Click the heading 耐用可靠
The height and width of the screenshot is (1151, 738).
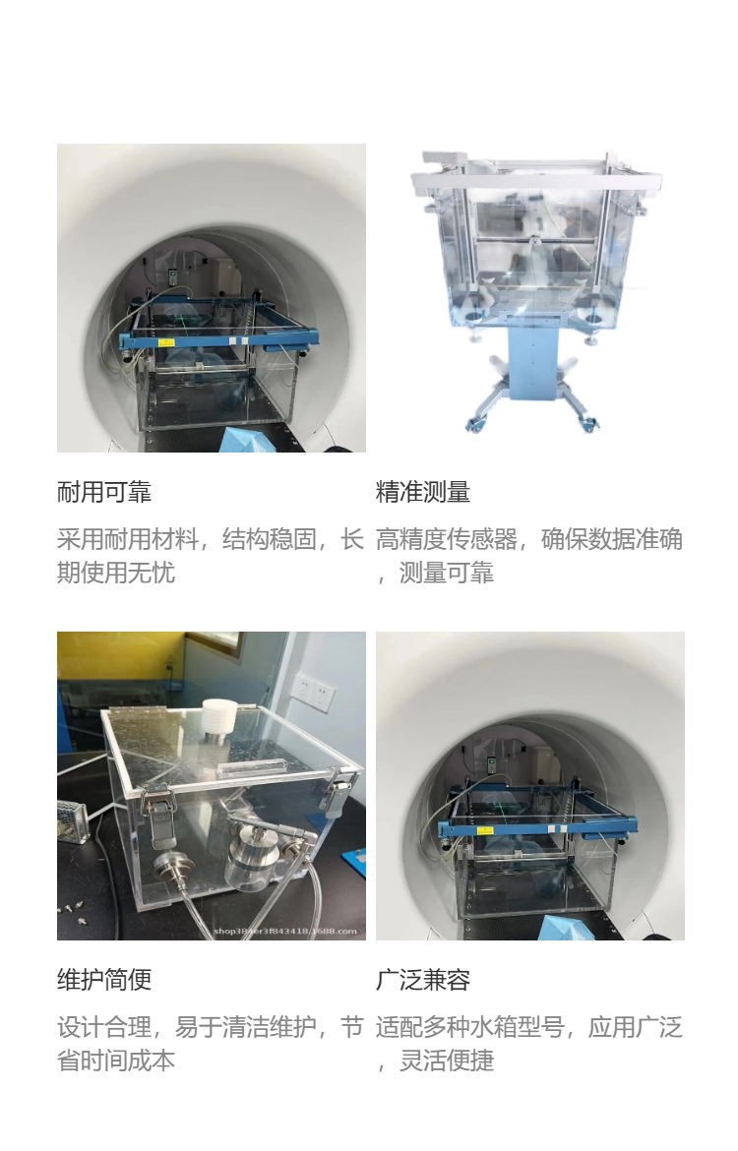click(x=104, y=491)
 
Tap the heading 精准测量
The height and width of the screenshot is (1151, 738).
click(x=423, y=491)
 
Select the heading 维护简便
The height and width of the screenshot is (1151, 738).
click(x=104, y=979)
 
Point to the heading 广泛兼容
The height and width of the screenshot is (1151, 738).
click(x=423, y=979)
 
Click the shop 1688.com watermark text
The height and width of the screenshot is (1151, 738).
click(x=285, y=931)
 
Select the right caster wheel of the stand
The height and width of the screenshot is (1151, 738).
click(x=589, y=424)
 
